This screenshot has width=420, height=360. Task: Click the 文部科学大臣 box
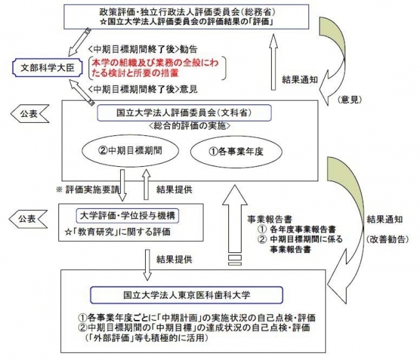(47, 68)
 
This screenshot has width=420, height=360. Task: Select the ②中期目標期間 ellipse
(130, 150)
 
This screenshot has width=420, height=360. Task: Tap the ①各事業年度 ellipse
(236, 152)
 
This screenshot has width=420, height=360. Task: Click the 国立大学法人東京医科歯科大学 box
(186, 295)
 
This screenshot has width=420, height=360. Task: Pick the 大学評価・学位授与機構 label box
(127, 215)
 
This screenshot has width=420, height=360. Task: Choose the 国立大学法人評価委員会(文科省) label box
(184, 113)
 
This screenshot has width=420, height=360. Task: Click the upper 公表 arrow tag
(30, 114)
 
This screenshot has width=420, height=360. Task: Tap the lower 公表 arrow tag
(28, 219)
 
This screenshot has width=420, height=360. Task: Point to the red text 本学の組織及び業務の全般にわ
(155, 62)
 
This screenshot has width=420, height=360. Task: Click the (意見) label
(350, 100)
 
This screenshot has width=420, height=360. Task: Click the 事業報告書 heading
(270, 219)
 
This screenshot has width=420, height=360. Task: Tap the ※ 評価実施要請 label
(89, 189)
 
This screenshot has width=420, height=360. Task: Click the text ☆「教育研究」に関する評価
(117, 232)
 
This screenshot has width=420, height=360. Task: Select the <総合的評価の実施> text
(190, 125)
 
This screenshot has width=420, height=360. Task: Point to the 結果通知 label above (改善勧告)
(385, 219)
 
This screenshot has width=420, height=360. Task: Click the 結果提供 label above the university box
(175, 259)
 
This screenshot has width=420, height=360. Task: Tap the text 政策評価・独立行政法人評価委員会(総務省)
(187, 12)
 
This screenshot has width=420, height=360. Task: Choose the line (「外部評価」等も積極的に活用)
(147, 338)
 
